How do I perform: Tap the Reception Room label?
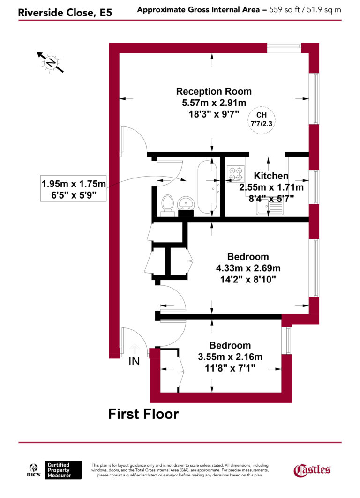point(214,91)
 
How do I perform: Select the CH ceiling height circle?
point(262,120)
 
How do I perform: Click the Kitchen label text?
point(271,176)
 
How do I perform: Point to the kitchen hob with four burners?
point(235,173)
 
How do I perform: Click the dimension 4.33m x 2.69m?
point(248,268)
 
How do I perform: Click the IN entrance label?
point(135,362)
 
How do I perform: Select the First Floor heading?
point(143,414)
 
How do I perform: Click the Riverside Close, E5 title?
point(65,13)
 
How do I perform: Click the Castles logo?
point(312,469)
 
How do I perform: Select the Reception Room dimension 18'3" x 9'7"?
point(214,113)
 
